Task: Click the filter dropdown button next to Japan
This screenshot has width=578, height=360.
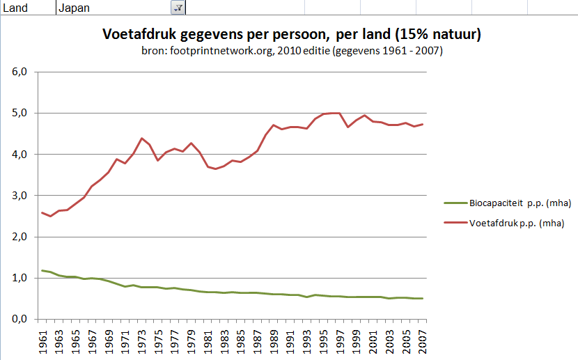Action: click(x=178, y=7)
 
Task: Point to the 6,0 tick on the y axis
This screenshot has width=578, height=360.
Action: click(x=19, y=72)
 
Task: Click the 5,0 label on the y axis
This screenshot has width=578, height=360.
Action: click(x=19, y=113)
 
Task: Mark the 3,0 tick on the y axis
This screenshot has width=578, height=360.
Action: click(x=19, y=196)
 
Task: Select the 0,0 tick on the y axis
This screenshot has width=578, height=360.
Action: click(x=19, y=319)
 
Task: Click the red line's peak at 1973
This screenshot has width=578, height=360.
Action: click(x=141, y=138)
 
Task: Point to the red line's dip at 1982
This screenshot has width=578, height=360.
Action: click(x=216, y=169)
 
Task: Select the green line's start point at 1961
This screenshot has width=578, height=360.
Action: click(x=43, y=270)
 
